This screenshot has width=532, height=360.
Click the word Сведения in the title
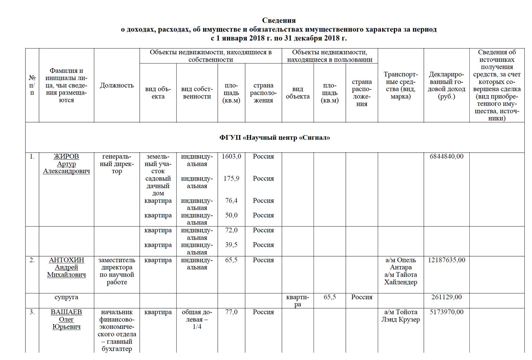click(279, 21)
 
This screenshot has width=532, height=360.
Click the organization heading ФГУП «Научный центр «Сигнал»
click(275, 137)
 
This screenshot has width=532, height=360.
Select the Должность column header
click(117, 85)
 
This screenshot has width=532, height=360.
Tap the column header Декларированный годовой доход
click(446, 85)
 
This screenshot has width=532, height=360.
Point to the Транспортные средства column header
click(401, 85)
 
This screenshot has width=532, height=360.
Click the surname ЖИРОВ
click(66, 157)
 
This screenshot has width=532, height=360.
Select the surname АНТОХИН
click(66, 260)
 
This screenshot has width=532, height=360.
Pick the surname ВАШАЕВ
click(66, 312)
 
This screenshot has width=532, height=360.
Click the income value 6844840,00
click(446, 157)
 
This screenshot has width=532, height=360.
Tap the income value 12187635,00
click(446, 260)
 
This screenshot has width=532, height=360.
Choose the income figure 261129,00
click(446, 297)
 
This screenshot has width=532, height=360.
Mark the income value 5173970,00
click(446, 312)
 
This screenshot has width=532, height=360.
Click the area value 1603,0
click(231, 157)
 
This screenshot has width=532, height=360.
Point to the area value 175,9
click(231, 179)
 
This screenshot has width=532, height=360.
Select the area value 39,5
click(231, 245)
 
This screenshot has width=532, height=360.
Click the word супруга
click(66, 297)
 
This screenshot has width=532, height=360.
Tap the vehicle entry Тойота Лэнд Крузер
click(401, 316)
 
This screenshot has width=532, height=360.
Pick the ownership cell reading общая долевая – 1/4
click(197, 319)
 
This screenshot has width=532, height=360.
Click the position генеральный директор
click(117, 164)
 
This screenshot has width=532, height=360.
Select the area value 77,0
click(231, 312)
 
